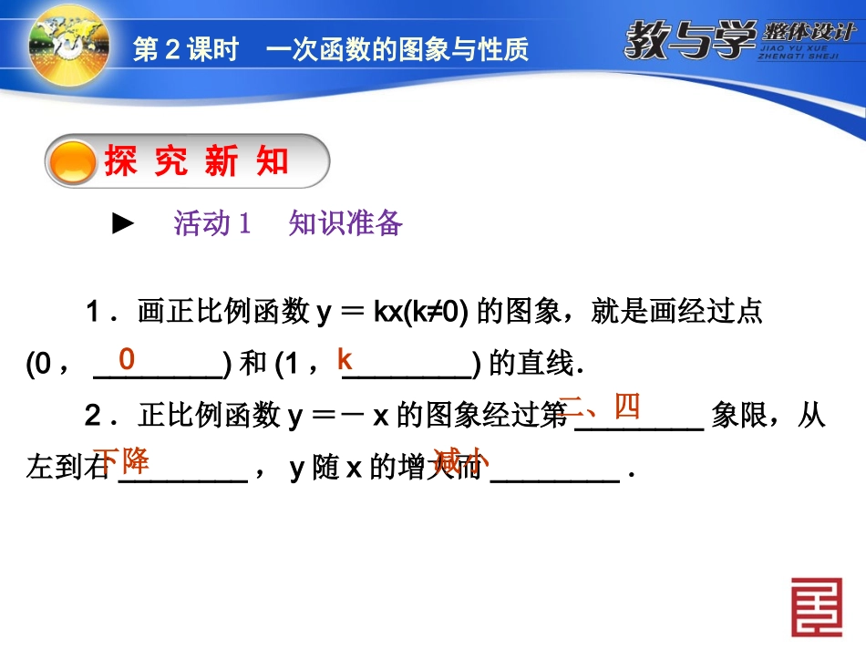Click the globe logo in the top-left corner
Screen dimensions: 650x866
pyautogui.click(x=68, y=43)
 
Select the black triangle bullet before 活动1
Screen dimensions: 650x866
pyautogui.click(x=123, y=223)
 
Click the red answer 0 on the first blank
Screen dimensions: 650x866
pyautogui.click(x=127, y=359)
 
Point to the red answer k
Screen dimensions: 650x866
pyautogui.click(x=345, y=358)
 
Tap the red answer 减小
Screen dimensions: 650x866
pyautogui.click(x=461, y=459)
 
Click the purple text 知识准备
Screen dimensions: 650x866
pyautogui.click(x=345, y=223)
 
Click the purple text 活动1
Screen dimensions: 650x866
pyautogui.click(x=211, y=223)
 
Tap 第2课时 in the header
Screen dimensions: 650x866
pyautogui.click(x=185, y=48)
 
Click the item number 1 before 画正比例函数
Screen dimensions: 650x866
pyautogui.click(x=93, y=314)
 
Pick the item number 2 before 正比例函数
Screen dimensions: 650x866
pyautogui.click(x=93, y=418)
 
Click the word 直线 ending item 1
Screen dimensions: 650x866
pyautogui.click(x=545, y=365)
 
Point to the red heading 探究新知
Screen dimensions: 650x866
pyautogui.click(x=196, y=162)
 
